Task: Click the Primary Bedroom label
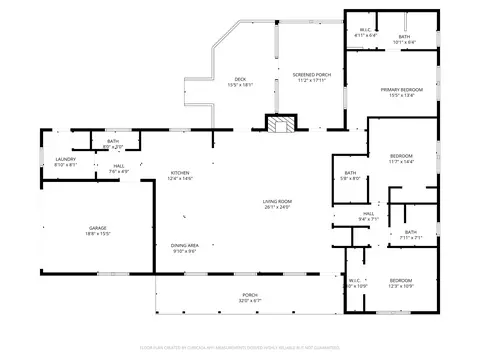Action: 401,92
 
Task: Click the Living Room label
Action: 277,204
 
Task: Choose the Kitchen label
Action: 180,174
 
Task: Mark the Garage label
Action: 97,229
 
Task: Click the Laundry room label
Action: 66,159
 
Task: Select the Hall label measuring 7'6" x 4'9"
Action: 118,166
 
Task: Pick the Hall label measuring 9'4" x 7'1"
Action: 368,213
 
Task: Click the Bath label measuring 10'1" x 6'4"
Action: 405,37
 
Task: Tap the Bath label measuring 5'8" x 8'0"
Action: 350,175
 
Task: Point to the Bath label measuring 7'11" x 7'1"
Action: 411,233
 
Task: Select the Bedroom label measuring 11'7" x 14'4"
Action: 401,158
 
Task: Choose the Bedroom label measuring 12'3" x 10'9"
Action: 400,281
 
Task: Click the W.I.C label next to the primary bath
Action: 366,30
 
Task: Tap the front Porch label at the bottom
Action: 250,295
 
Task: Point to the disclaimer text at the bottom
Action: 240,346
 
